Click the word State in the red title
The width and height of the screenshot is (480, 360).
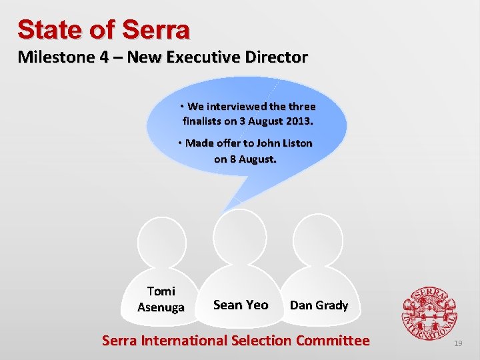45,29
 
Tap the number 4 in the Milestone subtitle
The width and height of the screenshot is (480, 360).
105,57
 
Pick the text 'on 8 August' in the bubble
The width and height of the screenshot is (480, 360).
245,159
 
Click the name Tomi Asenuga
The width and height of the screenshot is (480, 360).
161,299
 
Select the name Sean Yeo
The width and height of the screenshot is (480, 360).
240,305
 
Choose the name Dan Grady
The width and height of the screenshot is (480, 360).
319,305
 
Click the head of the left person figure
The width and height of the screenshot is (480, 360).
161,239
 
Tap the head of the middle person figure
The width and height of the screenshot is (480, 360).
239,233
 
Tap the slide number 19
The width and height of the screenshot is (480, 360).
457,343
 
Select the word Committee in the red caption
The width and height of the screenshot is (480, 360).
331,341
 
